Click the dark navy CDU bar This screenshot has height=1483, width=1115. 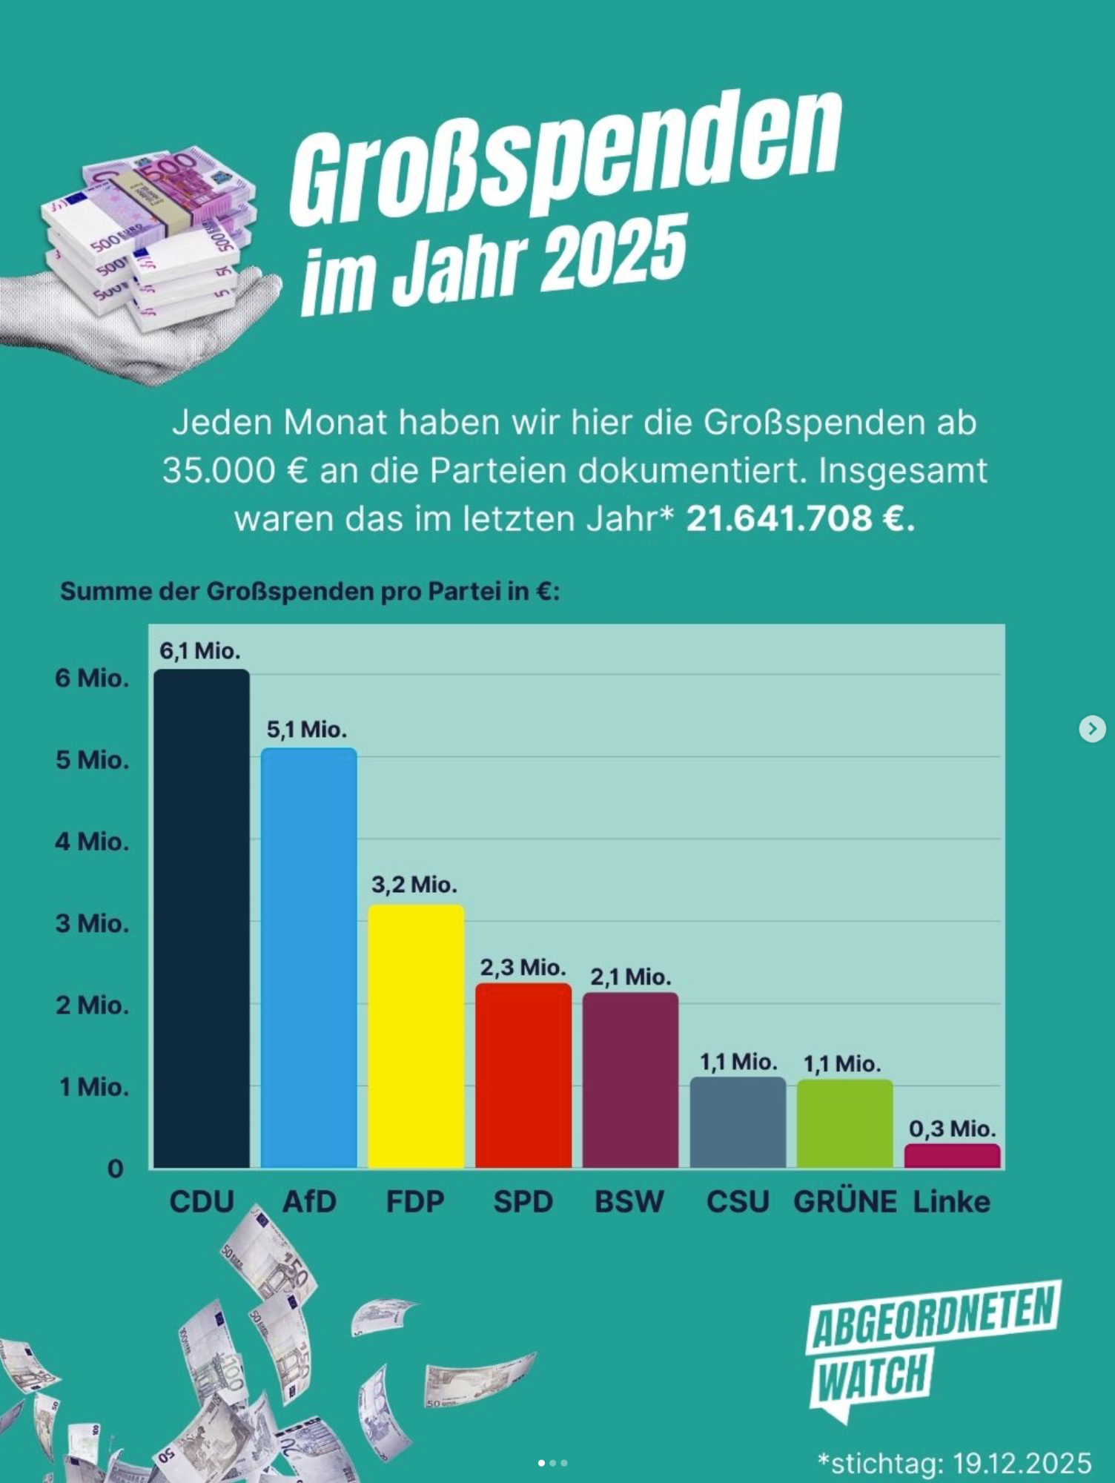(202, 919)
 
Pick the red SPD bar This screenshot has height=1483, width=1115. (523, 1075)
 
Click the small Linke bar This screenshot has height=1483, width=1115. (952, 1156)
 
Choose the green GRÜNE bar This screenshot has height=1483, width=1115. (845, 1123)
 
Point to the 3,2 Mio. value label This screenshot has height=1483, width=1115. (414, 885)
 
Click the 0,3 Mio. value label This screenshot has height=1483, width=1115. (952, 1129)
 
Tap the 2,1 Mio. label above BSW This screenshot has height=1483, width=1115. (630, 977)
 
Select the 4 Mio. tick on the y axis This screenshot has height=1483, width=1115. (92, 842)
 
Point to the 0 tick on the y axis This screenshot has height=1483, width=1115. (116, 1169)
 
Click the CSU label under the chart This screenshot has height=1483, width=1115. (738, 1202)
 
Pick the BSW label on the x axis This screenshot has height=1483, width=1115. (629, 1202)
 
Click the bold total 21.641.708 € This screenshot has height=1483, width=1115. (800, 518)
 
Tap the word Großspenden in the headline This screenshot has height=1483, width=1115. (565, 159)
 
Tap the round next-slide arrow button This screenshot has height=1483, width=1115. (1092, 728)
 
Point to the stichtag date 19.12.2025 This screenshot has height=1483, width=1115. (1022, 1464)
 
